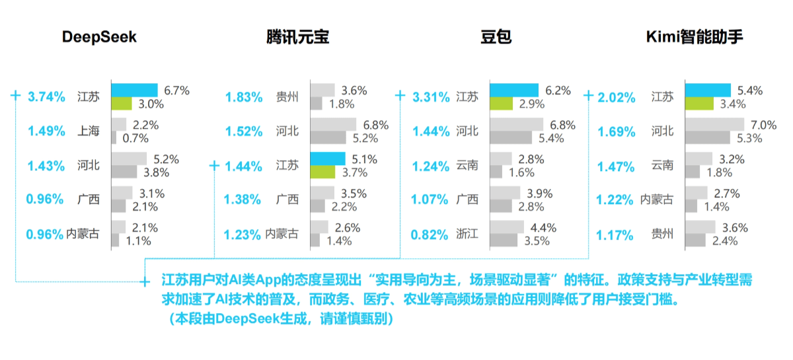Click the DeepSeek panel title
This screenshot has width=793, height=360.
(x=99, y=37)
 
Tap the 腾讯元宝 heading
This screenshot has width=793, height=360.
(x=298, y=37)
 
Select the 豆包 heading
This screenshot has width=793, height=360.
(x=496, y=37)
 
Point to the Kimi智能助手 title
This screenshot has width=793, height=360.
(x=695, y=37)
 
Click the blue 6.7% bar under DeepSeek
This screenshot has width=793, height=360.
(x=135, y=90)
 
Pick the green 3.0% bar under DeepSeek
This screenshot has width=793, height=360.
(x=122, y=104)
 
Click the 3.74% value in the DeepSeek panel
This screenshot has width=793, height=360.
(x=46, y=96)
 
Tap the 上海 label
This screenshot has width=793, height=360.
(x=89, y=131)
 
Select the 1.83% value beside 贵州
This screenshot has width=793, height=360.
(x=244, y=97)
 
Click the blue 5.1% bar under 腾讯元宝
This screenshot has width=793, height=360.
(x=328, y=159)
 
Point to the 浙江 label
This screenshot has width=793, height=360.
(x=467, y=234)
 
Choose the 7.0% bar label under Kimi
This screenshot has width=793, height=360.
(x=764, y=125)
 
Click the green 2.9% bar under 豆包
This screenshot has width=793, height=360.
(x=502, y=104)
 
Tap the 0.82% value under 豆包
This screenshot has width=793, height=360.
(x=430, y=234)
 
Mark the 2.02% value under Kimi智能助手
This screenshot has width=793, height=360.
(x=617, y=97)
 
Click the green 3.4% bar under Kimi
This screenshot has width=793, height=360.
(x=699, y=104)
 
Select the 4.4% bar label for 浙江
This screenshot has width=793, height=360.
(x=543, y=228)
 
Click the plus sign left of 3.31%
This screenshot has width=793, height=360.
(x=400, y=95)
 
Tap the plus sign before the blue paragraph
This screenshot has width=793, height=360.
(x=145, y=282)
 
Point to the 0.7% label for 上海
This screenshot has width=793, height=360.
(x=135, y=138)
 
